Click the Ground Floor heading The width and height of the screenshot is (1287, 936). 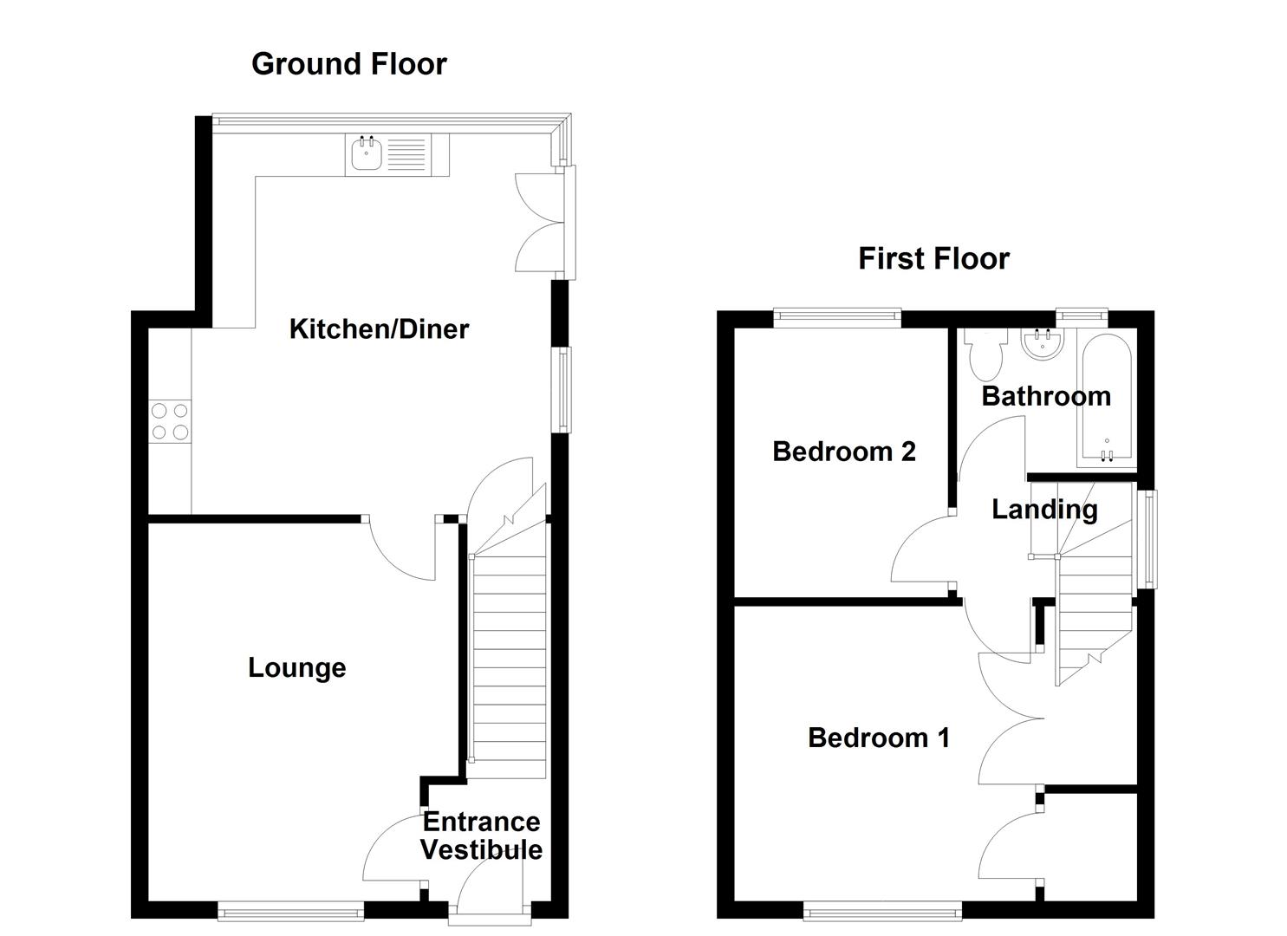tap(348, 64)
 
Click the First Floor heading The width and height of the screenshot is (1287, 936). tap(933, 259)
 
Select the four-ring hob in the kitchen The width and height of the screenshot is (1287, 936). tap(169, 421)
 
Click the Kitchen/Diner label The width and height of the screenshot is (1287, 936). tap(379, 329)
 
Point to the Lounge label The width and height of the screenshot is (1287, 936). tap(296, 668)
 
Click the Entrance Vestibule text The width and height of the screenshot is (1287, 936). tap(481, 835)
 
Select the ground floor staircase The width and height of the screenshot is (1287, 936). tap(509, 659)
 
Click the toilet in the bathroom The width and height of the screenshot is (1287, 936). tap(986, 355)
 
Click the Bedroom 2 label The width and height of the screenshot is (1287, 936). tap(843, 452)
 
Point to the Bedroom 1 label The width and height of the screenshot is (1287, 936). tap(878, 738)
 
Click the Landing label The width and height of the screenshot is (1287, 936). tap(1044, 510)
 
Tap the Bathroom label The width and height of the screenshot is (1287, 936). tap(1046, 396)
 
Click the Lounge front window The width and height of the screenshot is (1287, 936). tap(290, 910)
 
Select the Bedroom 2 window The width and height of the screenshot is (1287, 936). tap(837, 318)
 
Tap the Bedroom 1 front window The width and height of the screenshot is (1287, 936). tap(882, 910)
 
